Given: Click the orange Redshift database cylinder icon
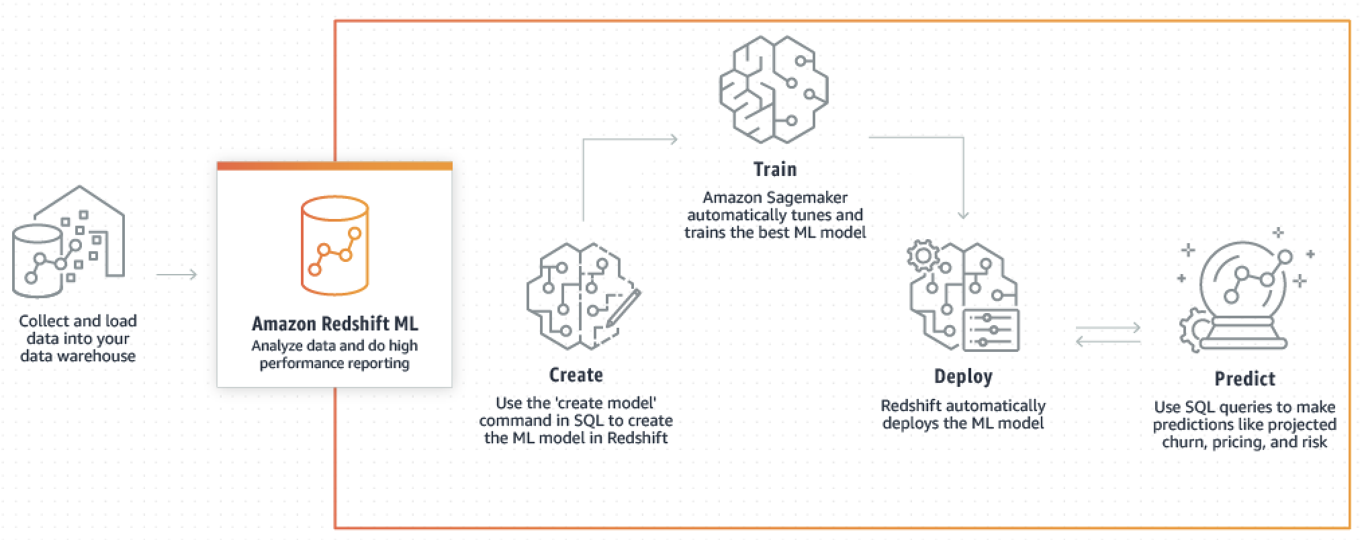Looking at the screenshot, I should point(334,245).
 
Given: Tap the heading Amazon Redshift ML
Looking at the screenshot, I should point(334,324).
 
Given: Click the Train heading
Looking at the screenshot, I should point(774,169).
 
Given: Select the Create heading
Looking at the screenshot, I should point(576,375).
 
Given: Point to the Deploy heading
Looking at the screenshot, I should point(962,376).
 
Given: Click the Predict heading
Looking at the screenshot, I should point(1244,379).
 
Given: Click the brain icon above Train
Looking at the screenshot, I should point(774,89).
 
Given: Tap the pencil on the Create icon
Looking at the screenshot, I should point(624,308).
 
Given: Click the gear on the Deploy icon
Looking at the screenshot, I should point(923,256).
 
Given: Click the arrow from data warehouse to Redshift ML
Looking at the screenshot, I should point(176,275).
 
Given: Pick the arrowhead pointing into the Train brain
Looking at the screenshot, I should point(672,140).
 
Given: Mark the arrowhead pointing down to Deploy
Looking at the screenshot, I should point(963,214).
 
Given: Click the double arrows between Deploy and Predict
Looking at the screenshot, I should point(1107,334).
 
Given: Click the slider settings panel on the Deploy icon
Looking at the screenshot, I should point(991,330).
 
